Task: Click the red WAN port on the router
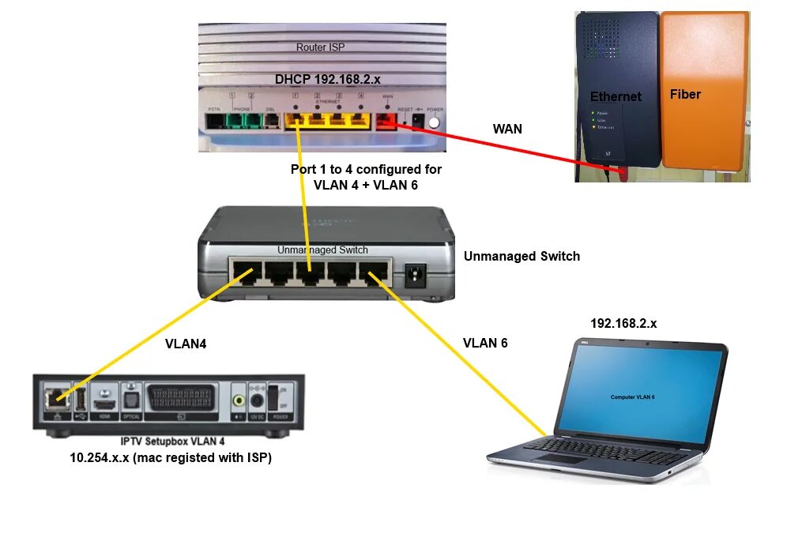coord(386,121)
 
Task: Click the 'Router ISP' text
coord(322,47)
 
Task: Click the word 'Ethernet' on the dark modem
coord(616,96)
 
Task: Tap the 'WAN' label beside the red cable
coord(507,129)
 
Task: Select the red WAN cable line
coord(506,146)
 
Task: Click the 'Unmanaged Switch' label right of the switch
coord(522,256)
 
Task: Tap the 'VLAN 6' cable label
coord(485,343)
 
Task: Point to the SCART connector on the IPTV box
coord(181,396)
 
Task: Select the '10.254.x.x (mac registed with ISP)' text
coord(171,457)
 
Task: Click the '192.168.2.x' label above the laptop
coord(623,324)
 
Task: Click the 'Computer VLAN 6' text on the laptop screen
coord(632,397)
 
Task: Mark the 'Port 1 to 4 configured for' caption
coord(367,169)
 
